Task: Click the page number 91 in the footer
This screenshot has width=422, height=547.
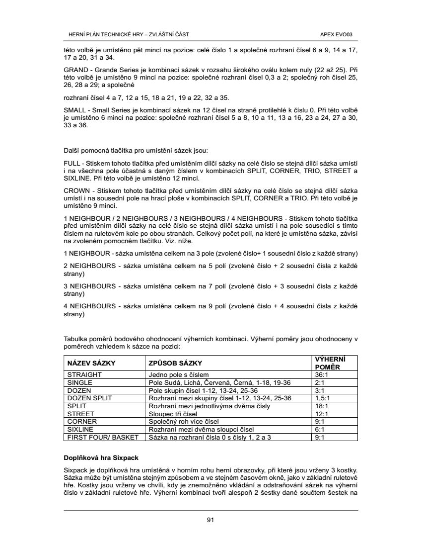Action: tap(211, 520)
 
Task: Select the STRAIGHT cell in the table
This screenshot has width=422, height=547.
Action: tap(84, 374)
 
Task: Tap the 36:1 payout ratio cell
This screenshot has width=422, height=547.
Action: tap(321, 374)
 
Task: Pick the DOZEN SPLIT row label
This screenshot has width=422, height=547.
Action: tap(90, 398)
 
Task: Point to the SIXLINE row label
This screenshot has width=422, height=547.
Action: tap(80, 429)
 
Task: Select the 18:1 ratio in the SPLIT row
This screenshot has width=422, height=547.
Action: tap(321, 406)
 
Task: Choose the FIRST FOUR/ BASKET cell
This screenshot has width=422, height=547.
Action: tap(102, 437)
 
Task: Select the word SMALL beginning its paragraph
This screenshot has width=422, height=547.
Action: tap(75, 109)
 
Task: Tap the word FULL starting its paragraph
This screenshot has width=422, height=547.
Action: tap(72, 163)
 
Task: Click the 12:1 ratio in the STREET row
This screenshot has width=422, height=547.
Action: tap(321, 414)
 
